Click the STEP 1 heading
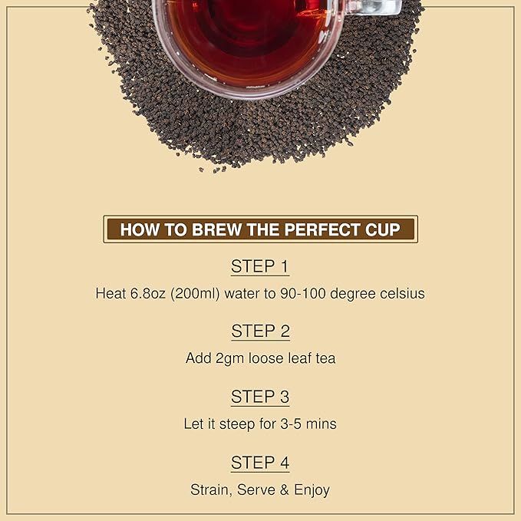coord(260,267)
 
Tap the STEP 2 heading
coord(260,331)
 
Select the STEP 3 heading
coord(260,397)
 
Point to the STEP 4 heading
coord(260,463)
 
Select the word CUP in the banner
coord(384,229)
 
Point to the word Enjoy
coord(309,490)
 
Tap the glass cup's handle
coord(380,8)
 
